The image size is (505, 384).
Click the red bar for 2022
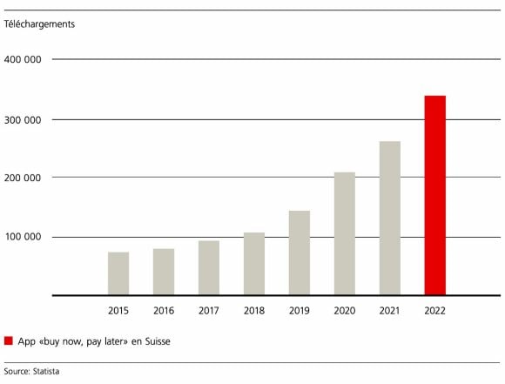pyautogui.click(x=434, y=196)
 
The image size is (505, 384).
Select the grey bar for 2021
pyautogui.click(x=389, y=219)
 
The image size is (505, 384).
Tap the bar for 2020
pyautogui.click(x=344, y=234)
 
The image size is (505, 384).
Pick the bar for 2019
pyautogui.click(x=299, y=253)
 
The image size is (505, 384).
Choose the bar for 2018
pyautogui.click(x=253, y=264)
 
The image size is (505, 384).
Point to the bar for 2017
pyautogui.click(x=208, y=268)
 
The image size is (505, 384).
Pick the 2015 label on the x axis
pyautogui.click(x=118, y=310)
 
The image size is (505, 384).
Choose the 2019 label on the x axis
pyautogui.click(x=299, y=310)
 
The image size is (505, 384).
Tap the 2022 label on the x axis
pyautogui.click(x=434, y=310)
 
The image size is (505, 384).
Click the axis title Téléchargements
pyautogui.click(x=39, y=24)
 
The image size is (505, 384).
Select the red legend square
pyautogui.click(x=9, y=341)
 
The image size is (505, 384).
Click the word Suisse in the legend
pyautogui.click(x=153, y=341)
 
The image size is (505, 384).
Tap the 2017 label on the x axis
pyautogui.click(x=208, y=310)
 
